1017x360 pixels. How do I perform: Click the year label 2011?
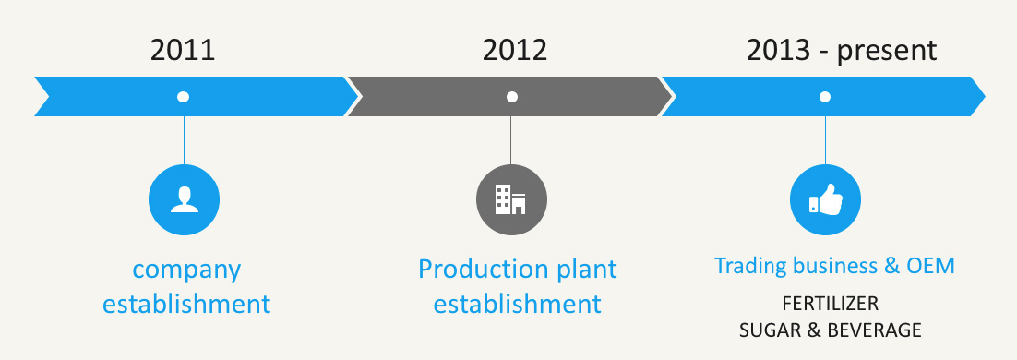(182, 50)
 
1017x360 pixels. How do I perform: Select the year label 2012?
(515, 50)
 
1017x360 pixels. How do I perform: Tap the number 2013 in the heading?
(778, 50)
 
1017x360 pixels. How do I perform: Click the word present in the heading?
(886, 52)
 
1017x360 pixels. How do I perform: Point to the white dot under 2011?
(183, 97)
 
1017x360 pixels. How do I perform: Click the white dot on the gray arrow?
(512, 97)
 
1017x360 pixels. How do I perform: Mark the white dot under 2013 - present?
(824, 97)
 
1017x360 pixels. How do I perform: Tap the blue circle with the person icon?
(185, 199)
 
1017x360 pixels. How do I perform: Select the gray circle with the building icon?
(511, 199)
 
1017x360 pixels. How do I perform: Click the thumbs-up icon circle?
(825, 199)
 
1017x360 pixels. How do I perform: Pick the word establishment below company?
(186, 304)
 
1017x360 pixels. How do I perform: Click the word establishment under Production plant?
(518, 304)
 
